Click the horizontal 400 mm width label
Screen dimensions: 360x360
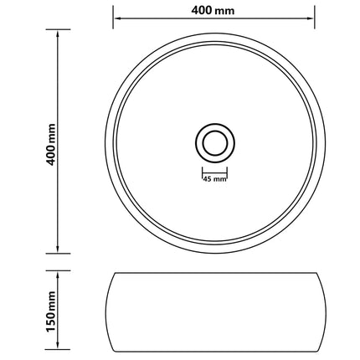pyautogui.click(x=213, y=10)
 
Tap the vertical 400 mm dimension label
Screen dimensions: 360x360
pyautogui.click(x=52, y=144)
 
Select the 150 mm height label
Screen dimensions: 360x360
pyautogui.click(x=51, y=311)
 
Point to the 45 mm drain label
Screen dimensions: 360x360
pyautogui.click(x=214, y=179)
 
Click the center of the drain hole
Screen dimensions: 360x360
pyautogui.click(x=215, y=143)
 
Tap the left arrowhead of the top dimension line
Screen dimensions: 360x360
pyautogui.click(x=117, y=18)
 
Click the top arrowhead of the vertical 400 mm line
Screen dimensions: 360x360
pyautogui.click(x=58, y=34)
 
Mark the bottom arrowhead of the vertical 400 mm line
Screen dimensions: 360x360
pyautogui.click(x=58, y=249)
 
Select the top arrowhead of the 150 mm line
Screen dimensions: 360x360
pyautogui.click(x=58, y=275)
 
